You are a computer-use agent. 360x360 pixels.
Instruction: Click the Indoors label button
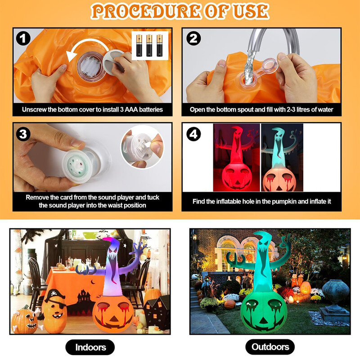click(90, 347)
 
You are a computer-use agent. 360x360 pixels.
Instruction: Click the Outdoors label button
click(270, 347)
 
